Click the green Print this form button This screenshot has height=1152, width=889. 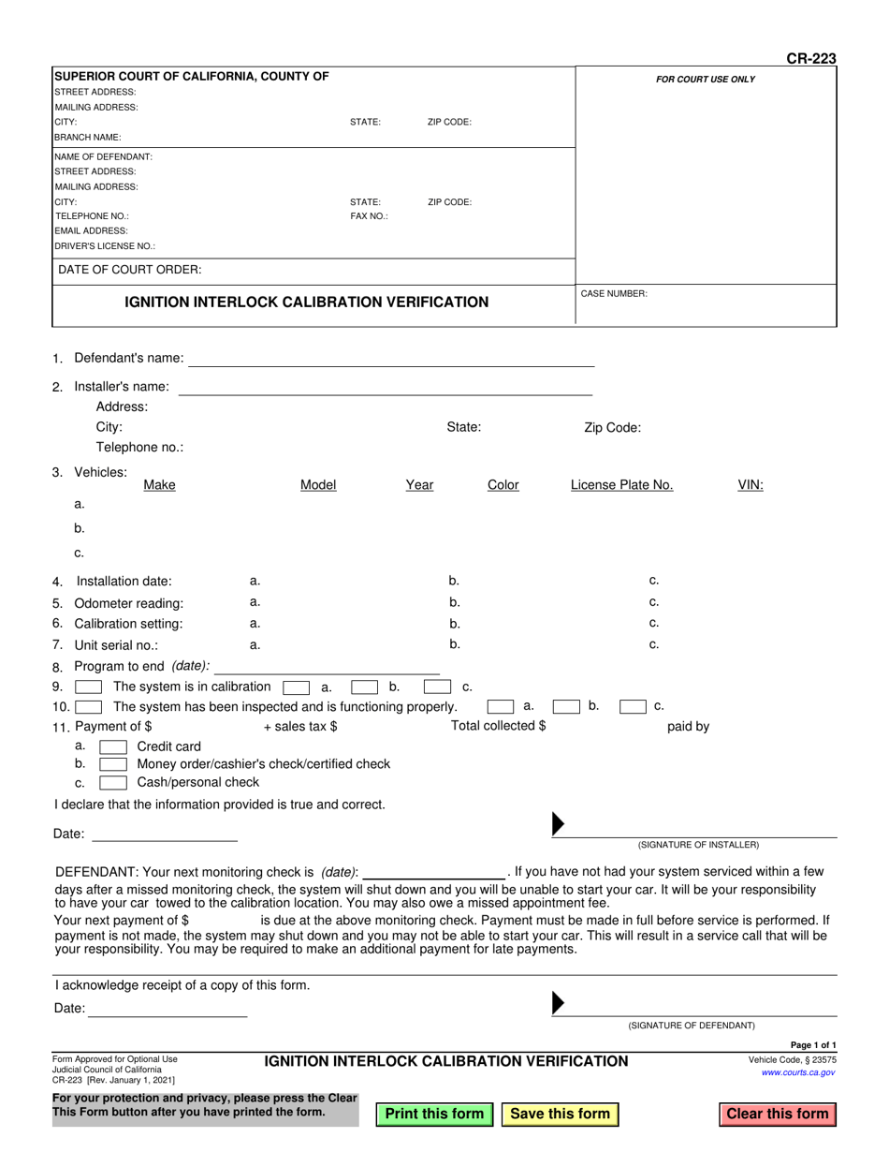point(434,1114)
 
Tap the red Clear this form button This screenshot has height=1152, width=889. point(777,1114)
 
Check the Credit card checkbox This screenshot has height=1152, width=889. point(113,746)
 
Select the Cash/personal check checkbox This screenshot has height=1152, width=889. point(113,782)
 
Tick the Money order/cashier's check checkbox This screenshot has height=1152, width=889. point(113,764)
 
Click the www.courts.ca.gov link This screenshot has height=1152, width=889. point(798,1072)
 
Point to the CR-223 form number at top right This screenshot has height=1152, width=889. point(810,58)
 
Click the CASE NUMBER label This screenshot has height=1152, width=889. point(614,293)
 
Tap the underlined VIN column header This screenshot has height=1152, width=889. point(751,485)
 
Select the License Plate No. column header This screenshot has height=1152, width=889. point(621,485)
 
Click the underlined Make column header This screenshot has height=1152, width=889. point(159,485)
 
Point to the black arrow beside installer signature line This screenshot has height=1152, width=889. point(559,824)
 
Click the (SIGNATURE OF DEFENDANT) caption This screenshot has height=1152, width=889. point(691,1025)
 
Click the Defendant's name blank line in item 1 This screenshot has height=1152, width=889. point(393,360)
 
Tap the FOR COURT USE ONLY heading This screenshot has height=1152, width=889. point(705,80)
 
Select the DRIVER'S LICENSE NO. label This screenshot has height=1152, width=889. point(105,246)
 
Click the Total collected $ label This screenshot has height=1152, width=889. point(498,726)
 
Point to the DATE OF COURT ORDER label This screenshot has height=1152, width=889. point(130,270)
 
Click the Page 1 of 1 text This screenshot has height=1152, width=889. point(813,1045)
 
